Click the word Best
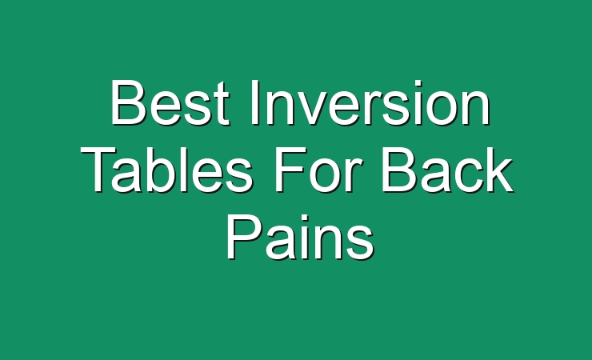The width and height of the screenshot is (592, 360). tap(170, 102)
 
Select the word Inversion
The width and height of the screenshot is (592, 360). tap(370, 102)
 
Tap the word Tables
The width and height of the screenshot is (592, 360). tap(166, 170)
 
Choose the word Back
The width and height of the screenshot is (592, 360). tap(447, 170)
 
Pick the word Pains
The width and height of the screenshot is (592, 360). tap(300, 237)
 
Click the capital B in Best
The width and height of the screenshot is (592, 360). tap(127, 102)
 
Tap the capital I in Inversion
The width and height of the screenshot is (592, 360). tap(255, 102)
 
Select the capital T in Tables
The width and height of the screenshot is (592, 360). tap(98, 170)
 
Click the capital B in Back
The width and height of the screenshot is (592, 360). tap(399, 170)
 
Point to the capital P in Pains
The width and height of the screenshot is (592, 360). tap(243, 237)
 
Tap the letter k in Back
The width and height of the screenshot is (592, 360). tap(499, 170)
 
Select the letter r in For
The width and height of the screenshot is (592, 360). tap(355, 175)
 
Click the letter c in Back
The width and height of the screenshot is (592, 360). tap(468, 176)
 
